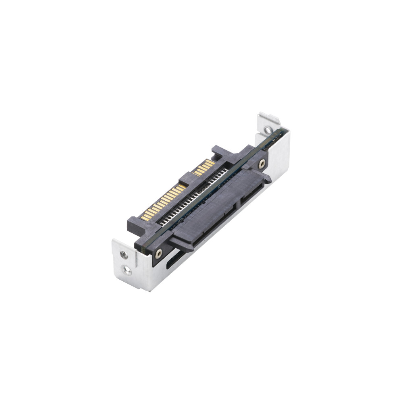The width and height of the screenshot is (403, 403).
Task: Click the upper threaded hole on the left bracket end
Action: (124, 255)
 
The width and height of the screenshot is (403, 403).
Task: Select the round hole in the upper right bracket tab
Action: (267, 130)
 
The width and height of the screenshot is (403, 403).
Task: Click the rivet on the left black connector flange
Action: (159, 253)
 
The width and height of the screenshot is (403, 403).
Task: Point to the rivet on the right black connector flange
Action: (262, 163)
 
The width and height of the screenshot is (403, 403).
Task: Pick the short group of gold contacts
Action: (204, 167)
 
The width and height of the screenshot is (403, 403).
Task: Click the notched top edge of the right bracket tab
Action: (269, 118)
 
